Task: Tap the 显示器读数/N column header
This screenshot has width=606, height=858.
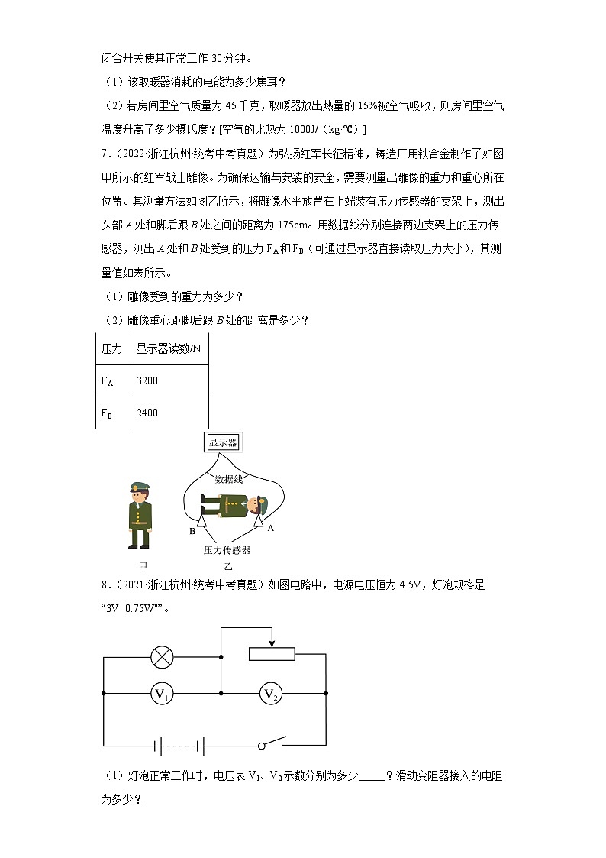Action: (x=169, y=348)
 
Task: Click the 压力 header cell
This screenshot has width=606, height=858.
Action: (x=111, y=348)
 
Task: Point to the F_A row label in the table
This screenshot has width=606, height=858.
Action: (x=108, y=380)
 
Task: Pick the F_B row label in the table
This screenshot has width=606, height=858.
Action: (x=108, y=413)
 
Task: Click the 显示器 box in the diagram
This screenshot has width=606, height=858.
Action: (x=223, y=442)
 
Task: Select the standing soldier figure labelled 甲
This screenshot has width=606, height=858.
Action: (x=139, y=515)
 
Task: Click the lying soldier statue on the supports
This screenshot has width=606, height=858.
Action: (x=232, y=505)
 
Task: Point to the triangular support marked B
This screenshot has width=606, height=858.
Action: (x=203, y=522)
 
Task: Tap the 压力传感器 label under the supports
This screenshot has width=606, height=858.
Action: (x=227, y=549)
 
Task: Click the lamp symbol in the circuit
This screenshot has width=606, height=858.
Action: (x=161, y=656)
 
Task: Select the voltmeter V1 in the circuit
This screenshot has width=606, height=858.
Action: (x=161, y=694)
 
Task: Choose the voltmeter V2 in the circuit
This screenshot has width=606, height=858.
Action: (x=269, y=694)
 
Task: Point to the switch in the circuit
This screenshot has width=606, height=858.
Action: (x=271, y=743)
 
